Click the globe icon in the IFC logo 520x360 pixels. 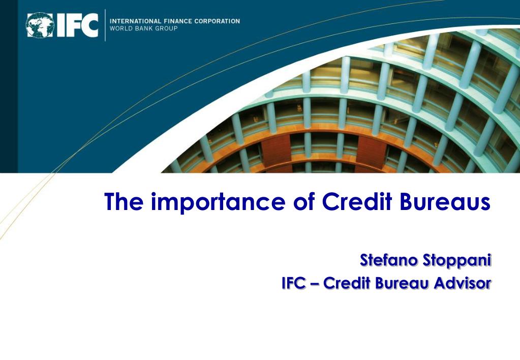(x=41, y=25)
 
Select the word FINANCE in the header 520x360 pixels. (x=175, y=21)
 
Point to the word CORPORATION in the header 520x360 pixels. (x=217, y=21)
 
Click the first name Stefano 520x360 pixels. (x=389, y=261)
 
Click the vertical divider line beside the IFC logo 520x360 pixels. (x=105, y=25)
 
